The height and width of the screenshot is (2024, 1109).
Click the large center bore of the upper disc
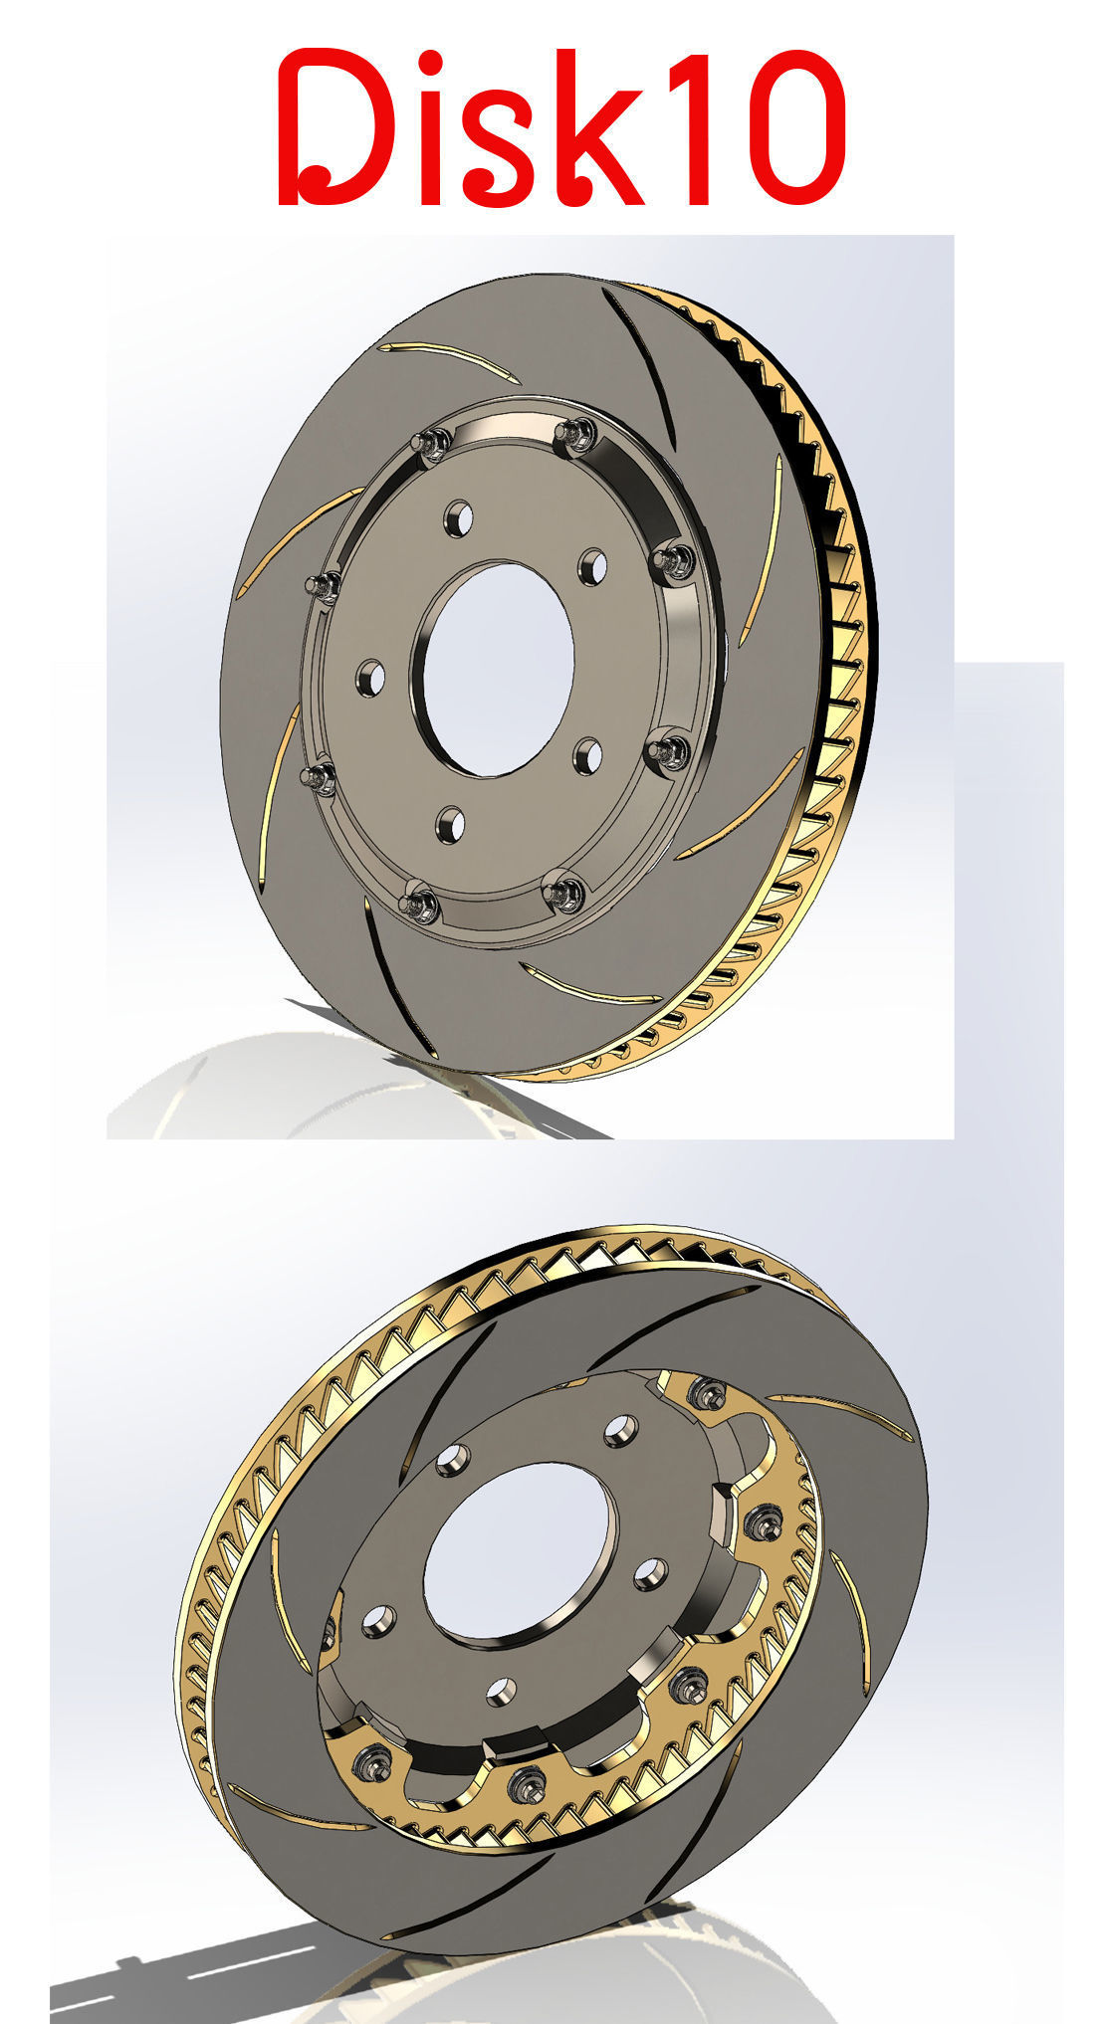click(x=498, y=668)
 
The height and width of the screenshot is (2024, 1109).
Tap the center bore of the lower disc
click(x=517, y=1552)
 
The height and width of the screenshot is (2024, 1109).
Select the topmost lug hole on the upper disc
click(x=459, y=516)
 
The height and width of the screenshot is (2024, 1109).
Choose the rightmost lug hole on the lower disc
click(x=650, y=1573)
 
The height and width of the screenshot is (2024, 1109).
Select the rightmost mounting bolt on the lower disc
click(x=762, y=1519)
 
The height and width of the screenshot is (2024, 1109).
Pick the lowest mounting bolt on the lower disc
click(x=522, y=1784)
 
